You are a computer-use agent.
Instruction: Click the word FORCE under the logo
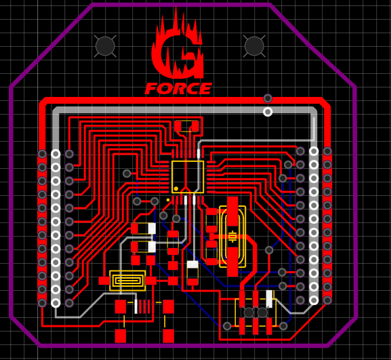(178, 89)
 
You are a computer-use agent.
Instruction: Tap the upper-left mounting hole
(105, 46)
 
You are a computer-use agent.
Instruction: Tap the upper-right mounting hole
(254, 46)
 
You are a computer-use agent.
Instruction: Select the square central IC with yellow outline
(188, 177)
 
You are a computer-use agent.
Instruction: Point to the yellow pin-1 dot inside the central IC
(176, 188)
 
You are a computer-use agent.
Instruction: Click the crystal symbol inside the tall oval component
(232, 237)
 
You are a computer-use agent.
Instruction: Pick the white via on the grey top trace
(268, 112)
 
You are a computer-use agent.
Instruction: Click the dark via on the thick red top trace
(268, 98)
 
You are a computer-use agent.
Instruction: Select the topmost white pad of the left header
(56, 154)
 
